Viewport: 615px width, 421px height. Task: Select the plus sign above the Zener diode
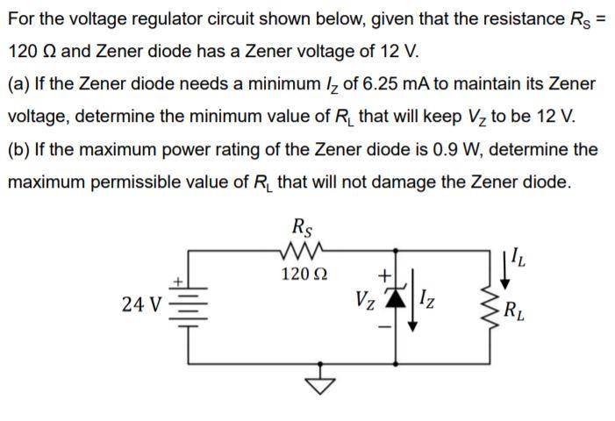click(383, 278)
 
